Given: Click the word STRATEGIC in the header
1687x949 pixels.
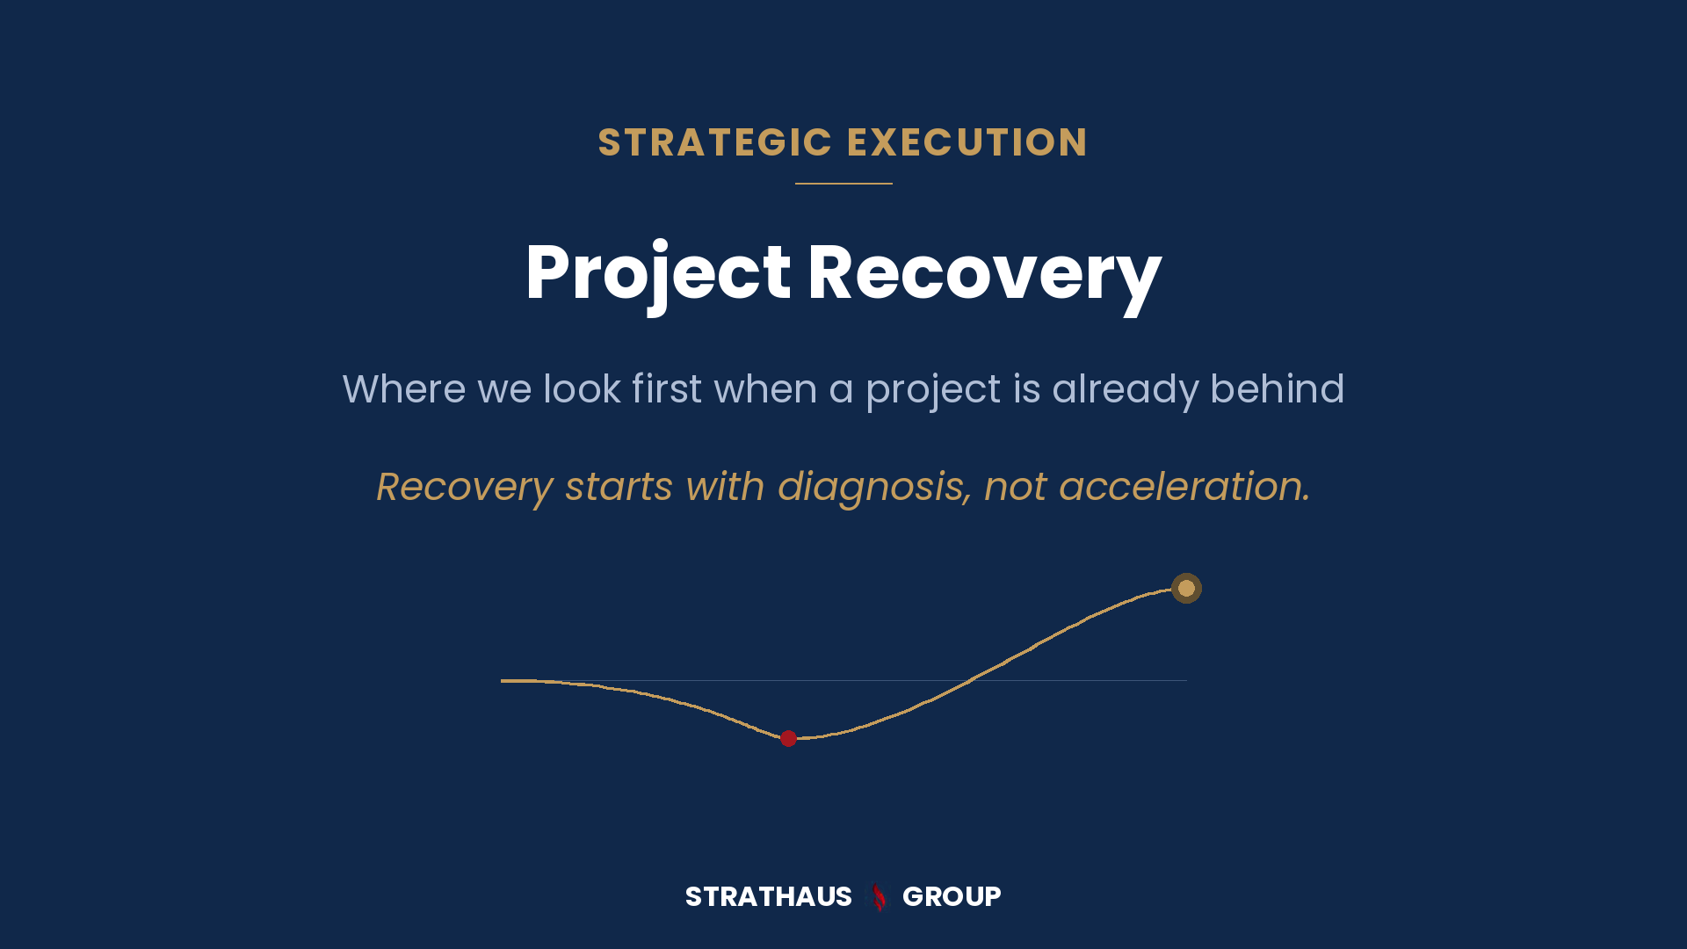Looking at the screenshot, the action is pos(715,142).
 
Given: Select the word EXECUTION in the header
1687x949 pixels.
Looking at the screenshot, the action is pos(967,142).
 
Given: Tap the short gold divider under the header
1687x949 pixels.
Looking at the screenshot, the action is pos(843,184).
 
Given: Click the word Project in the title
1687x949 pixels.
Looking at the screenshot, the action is pos(658,274).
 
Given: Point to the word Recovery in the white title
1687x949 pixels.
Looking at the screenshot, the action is pos(985,274).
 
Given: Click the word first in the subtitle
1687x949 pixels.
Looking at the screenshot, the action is pos(667,388).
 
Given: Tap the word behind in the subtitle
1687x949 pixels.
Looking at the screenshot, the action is pos(1278,388).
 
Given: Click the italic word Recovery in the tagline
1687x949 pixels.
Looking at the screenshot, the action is pos(465,488).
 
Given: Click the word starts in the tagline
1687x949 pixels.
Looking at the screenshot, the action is pos(619,488).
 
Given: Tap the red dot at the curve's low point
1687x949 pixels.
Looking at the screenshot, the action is pos(788,738).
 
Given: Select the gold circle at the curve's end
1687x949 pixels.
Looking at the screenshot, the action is pos(1186,588).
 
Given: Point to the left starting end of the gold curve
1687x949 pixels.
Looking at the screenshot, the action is pos(502,680).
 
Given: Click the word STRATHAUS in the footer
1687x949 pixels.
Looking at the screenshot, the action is pos(769,896).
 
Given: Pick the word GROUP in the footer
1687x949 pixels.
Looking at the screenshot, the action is pos(952,896).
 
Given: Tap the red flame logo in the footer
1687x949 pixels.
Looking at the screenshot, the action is pos(878,897).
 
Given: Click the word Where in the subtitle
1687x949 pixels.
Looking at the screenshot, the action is pos(403,388).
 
